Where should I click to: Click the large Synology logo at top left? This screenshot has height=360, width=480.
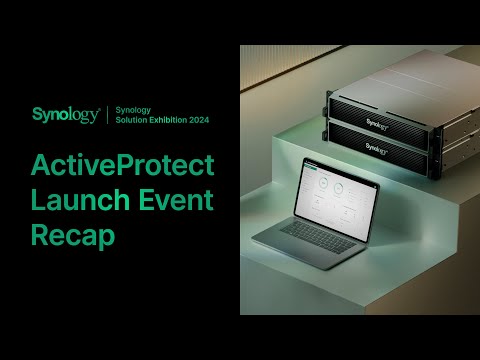[66, 114]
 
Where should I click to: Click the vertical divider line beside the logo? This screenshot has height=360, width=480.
[107, 114]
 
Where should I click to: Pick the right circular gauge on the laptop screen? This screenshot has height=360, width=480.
[339, 187]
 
